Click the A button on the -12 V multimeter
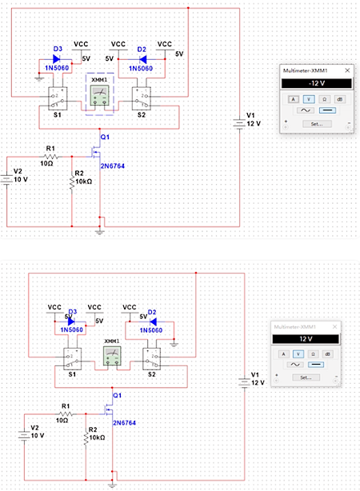pyautogui.click(x=293, y=98)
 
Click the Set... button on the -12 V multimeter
pyautogui.click(x=316, y=124)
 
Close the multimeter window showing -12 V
pyautogui.click(x=347, y=70)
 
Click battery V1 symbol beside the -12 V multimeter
pyautogui.click(x=239, y=122)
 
